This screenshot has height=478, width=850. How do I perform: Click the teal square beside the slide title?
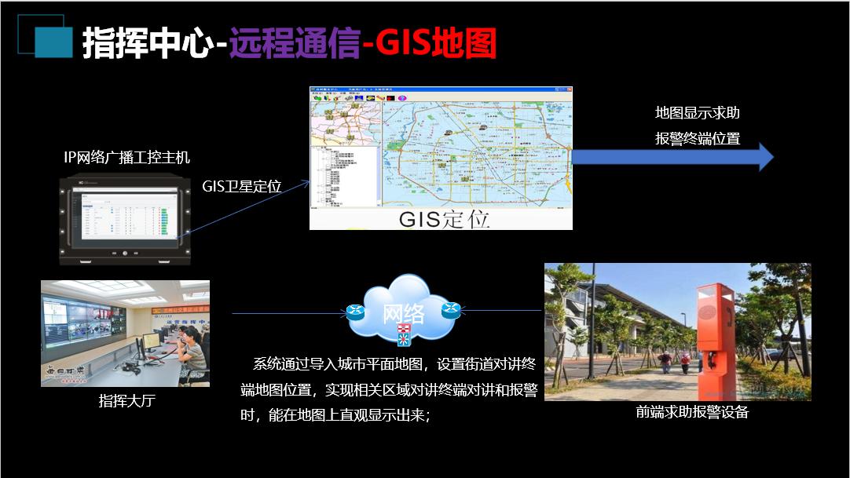tap(53, 41)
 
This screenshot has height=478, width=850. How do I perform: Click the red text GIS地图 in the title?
tap(436, 43)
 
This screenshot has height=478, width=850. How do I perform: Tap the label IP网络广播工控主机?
tap(126, 158)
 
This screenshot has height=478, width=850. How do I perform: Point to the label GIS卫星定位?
tap(242, 186)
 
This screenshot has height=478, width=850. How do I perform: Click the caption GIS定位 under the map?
tap(444, 219)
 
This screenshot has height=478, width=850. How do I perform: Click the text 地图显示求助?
tap(698, 113)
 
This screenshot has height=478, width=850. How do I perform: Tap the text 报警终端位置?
tap(698, 140)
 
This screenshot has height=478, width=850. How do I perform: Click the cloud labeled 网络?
tap(403, 308)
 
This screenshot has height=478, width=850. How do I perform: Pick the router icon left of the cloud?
tap(356, 312)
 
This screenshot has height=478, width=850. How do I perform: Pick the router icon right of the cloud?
tap(450, 309)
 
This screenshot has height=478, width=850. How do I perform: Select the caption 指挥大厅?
tap(126, 401)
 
